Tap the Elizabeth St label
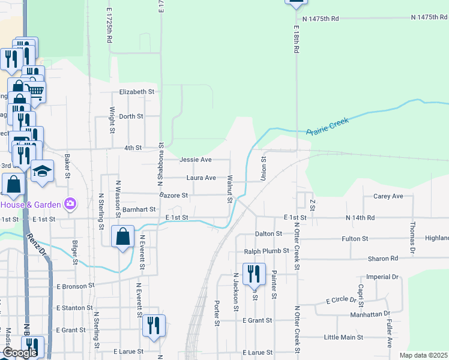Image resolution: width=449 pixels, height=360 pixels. tap(137, 92)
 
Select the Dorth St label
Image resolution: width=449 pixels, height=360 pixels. tap(131, 116)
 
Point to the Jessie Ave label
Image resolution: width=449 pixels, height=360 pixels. tap(196, 160)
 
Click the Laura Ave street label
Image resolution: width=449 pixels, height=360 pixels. tap(201, 178)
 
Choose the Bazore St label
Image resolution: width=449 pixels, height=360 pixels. tap(174, 196)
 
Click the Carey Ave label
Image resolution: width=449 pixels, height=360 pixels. tap(388, 196)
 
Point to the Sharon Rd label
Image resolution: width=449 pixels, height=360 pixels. tap(385, 259)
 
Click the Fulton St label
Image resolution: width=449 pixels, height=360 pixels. tap(355, 239)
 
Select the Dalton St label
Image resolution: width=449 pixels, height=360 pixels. tap(268, 233)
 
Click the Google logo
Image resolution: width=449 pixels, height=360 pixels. tap(20, 353)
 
